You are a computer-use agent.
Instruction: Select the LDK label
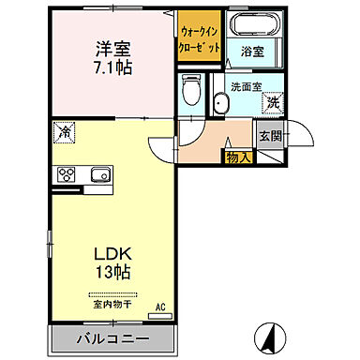[x=112, y=253]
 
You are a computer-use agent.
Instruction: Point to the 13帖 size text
[x=112, y=273]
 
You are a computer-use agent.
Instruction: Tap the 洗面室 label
[x=247, y=84]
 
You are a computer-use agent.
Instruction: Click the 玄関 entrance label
[x=270, y=135]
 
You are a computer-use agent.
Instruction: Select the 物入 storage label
[x=238, y=157]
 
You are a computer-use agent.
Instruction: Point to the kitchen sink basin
[x=100, y=174]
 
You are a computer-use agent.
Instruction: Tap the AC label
[x=160, y=307]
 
